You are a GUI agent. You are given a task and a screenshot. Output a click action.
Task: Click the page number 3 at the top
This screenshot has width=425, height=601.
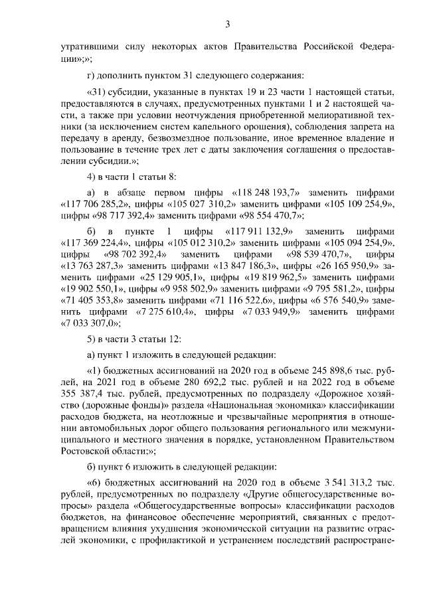(x=226, y=25)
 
